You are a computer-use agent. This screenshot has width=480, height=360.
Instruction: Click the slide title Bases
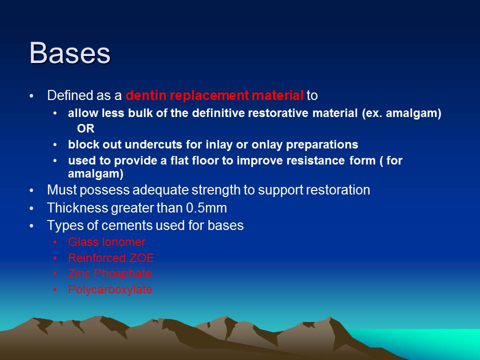[x=70, y=52]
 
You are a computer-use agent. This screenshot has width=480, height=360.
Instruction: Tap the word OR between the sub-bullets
[x=85, y=128]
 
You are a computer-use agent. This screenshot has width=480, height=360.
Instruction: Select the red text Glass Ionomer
[x=106, y=242]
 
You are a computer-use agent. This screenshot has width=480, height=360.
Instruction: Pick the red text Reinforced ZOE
[x=111, y=258]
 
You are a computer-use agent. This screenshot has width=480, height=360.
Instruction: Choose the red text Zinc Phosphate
[x=109, y=273]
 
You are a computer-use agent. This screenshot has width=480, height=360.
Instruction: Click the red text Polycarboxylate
[x=110, y=289]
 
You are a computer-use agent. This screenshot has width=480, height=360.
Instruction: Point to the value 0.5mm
[x=212, y=207]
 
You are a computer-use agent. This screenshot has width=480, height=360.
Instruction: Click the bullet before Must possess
[x=32, y=190]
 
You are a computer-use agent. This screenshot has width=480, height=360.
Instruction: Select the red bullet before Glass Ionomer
[x=55, y=242]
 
